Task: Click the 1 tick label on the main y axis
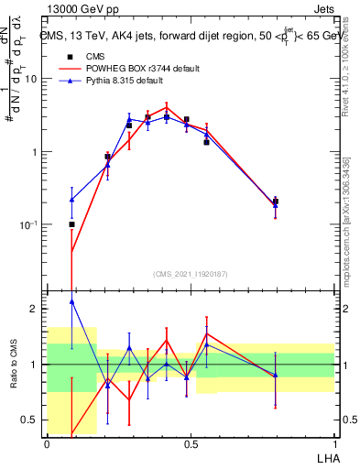36,152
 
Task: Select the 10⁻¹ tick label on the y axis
30,224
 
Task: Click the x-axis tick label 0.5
191,444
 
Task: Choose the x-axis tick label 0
47,444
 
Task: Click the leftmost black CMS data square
71,224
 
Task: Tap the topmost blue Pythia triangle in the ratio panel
71,301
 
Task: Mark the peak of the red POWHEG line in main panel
166,106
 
